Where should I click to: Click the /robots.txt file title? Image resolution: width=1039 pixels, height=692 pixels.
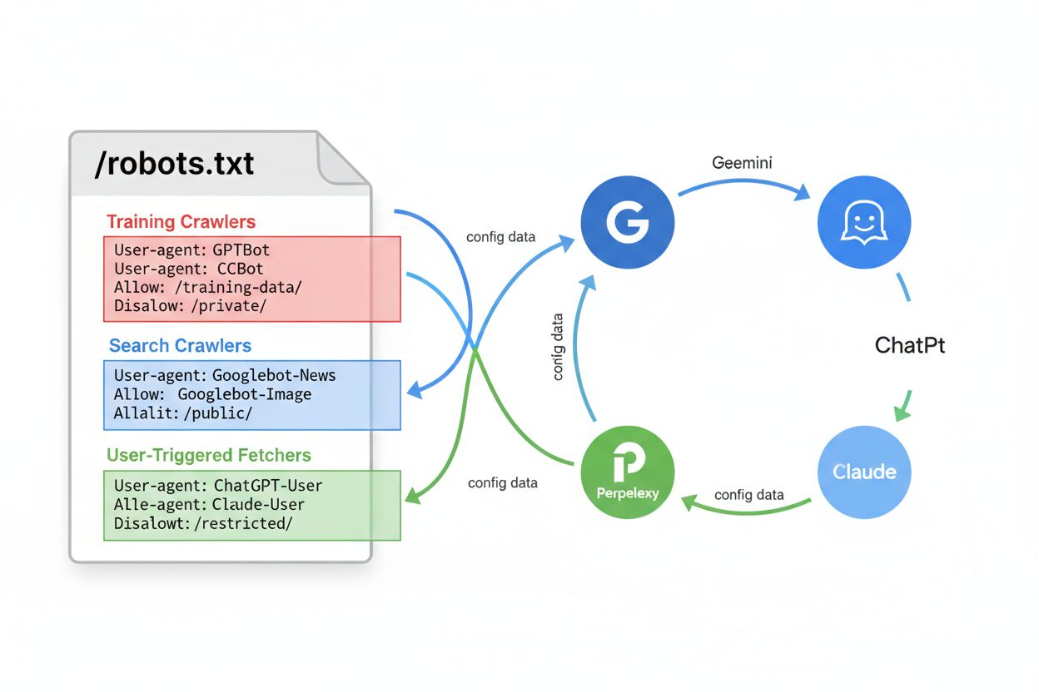tap(175, 164)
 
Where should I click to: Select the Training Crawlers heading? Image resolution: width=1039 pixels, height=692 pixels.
tap(181, 222)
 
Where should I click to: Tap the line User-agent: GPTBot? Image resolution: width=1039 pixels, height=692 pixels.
tap(191, 250)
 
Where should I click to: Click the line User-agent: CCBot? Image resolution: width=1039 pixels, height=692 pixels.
tap(188, 269)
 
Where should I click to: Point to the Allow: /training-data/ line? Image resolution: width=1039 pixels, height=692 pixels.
tap(208, 288)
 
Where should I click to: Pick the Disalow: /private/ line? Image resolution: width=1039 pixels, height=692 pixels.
tap(190, 307)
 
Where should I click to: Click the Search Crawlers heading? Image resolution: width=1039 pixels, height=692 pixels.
tap(180, 346)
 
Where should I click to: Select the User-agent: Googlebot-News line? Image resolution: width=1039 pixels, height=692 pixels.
tap(225, 375)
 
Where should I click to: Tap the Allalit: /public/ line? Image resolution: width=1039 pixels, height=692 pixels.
tap(182, 413)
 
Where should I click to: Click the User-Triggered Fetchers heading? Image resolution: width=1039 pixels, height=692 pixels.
tap(209, 456)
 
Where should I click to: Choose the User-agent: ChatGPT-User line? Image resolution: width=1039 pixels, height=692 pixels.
tap(218, 485)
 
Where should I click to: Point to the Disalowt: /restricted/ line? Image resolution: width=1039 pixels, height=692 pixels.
tap(203, 523)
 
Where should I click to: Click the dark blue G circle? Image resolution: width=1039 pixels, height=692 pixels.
tap(627, 222)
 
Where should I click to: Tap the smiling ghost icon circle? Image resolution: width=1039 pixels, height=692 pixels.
tap(864, 223)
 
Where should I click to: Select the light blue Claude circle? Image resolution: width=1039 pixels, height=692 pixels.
tap(864, 472)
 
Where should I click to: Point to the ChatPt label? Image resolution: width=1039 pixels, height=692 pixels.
tap(910, 345)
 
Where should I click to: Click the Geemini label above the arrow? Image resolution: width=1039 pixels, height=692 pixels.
tap(742, 163)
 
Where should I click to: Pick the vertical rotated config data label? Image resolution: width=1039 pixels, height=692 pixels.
tap(558, 346)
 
